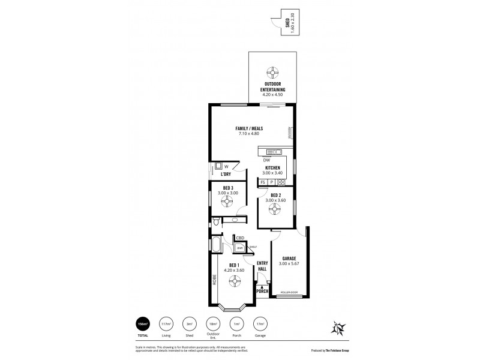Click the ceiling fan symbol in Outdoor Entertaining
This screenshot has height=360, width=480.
pyautogui.click(x=272, y=71)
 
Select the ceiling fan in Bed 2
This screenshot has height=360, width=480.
pyautogui.click(x=275, y=208)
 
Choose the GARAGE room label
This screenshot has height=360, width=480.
pyautogui.click(x=289, y=260)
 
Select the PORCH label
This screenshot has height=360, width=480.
pyautogui.click(x=262, y=291)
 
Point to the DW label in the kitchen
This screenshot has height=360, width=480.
pyautogui.click(x=266, y=160)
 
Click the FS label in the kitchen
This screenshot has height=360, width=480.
pyautogui.click(x=263, y=182)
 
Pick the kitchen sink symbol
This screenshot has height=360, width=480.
pyautogui.click(x=274, y=152)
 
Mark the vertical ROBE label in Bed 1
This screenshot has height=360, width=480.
pyautogui.click(x=214, y=279)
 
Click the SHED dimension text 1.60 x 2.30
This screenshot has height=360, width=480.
pyautogui.click(x=292, y=22)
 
